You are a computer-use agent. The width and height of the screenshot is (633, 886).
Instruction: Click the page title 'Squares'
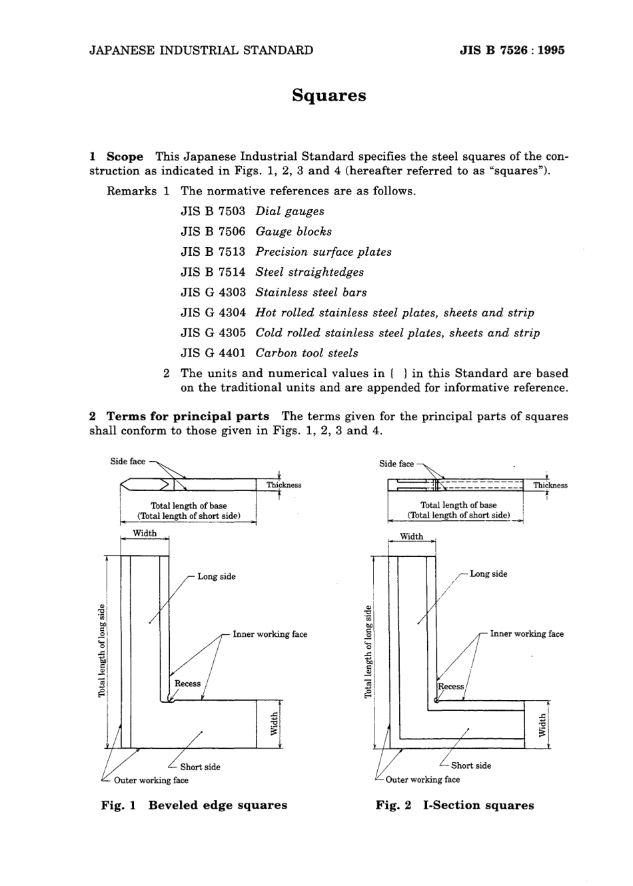[x=329, y=95]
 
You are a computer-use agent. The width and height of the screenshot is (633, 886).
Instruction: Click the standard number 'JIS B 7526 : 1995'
[x=512, y=50]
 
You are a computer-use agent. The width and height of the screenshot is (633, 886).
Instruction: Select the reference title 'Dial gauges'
[x=290, y=211]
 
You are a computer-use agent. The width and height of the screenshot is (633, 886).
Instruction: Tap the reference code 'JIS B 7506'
[x=213, y=232]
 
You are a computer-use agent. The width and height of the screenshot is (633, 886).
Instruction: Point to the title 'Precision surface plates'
[x=323, y=252]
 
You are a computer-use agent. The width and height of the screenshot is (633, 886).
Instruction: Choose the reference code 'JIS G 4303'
[x=213, y=292]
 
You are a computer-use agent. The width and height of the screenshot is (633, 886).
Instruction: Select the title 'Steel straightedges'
[x=309, y=272]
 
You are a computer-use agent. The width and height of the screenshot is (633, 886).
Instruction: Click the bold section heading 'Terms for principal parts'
[x=188, y=416]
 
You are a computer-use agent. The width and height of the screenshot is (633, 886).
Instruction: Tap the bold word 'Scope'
[x=125, y=157]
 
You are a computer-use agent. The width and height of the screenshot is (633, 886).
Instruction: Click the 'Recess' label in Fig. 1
[x=187, y=683]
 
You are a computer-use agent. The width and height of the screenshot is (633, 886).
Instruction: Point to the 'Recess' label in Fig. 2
[x=451, y=686]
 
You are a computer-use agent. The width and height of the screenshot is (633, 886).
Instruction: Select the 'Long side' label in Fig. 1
[x=216, y=576]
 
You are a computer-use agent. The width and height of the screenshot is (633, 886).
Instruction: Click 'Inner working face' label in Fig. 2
[x=526, y=634]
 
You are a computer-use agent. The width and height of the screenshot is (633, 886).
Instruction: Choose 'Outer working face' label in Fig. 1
[x=151, y=780]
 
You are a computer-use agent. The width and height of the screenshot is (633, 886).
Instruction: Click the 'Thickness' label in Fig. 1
[x=284, y=485]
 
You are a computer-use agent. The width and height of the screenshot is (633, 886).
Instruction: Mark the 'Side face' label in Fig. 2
[x=396, y=464]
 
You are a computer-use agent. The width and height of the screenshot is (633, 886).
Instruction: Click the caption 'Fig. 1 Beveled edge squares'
[x=194, y=805]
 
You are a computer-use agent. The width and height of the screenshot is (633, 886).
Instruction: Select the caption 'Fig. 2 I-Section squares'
[x=454, y=805]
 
